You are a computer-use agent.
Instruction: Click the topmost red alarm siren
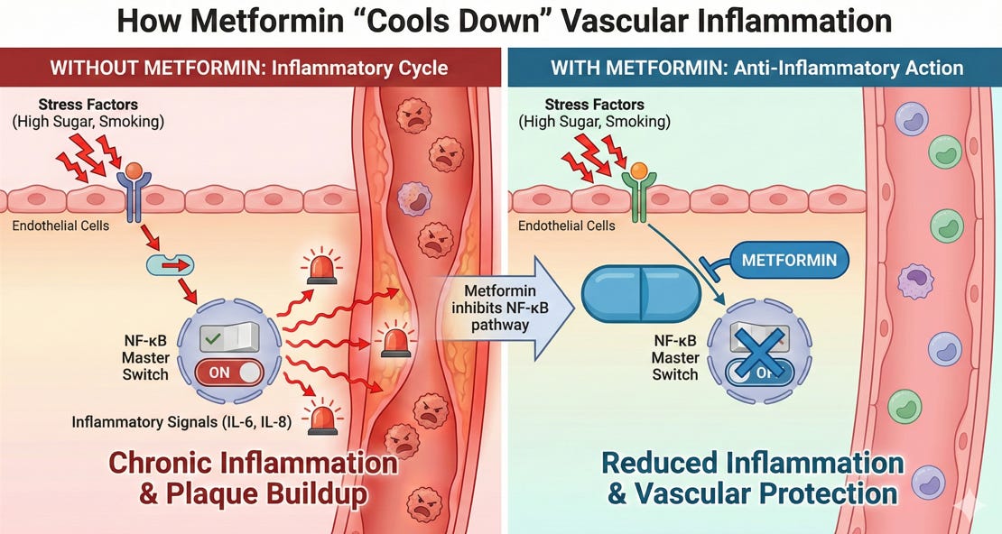pos(321,269)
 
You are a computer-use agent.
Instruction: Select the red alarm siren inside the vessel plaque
pos(394,343)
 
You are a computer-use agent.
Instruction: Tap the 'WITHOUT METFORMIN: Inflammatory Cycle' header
pos(249,68)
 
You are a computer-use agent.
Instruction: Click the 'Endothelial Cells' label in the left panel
pos(60,225)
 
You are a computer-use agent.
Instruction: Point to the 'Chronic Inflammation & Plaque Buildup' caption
pos(253,478)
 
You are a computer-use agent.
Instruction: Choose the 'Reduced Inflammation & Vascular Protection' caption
pos(752,478)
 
